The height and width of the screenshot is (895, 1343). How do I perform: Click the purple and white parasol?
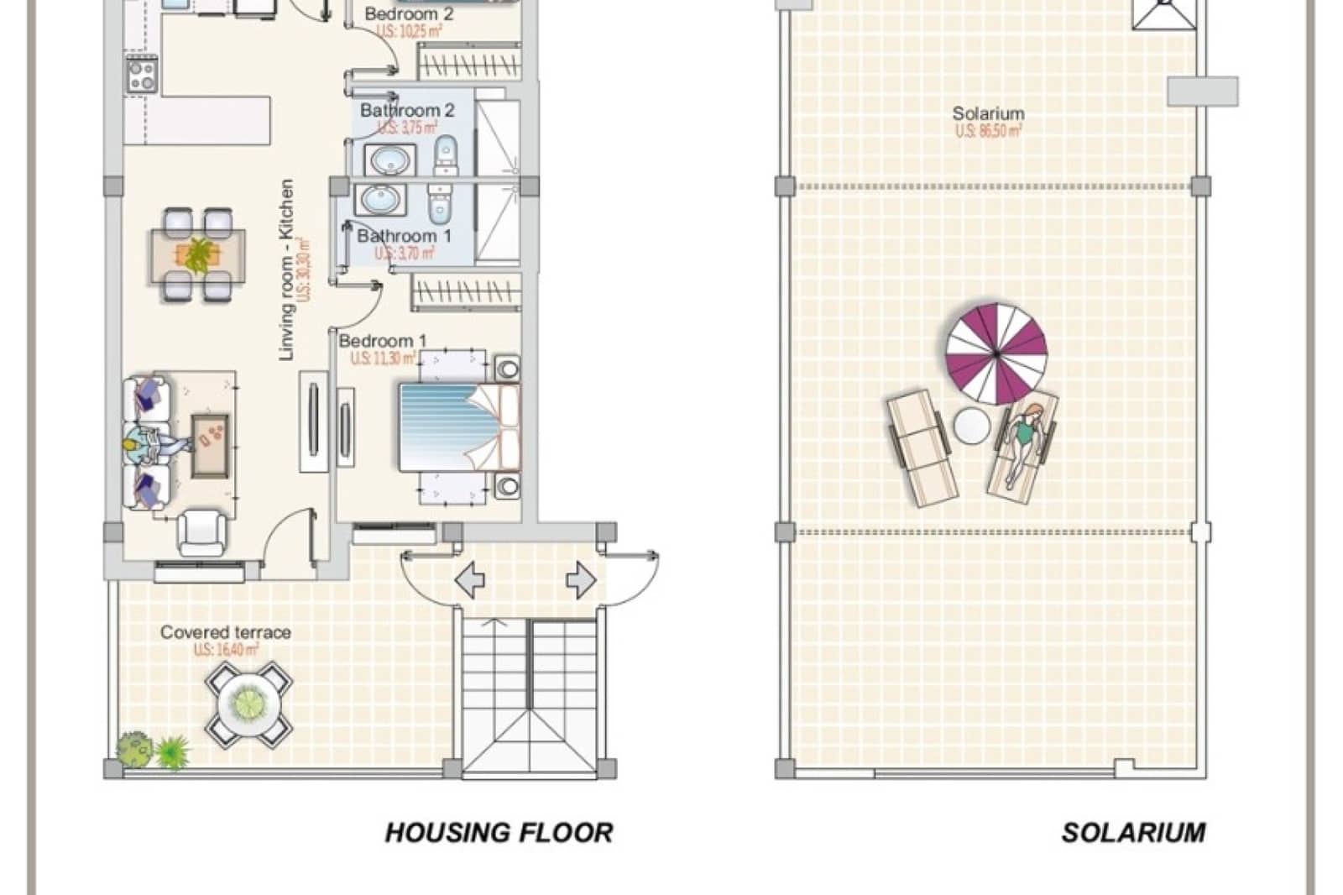point(996,353)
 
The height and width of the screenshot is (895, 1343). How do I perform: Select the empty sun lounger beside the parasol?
point(922,448)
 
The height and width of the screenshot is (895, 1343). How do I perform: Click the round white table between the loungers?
point(971,426)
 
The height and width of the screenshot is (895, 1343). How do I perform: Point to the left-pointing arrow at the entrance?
point(469,580)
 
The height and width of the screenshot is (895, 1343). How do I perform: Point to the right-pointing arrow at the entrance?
point(581,580)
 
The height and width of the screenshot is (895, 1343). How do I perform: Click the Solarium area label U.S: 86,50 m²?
point(988,131)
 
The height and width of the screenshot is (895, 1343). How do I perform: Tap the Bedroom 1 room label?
point(382,341)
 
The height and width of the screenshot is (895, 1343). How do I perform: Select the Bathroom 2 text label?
point(407,110)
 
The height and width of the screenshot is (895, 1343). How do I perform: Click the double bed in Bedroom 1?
point(457,427)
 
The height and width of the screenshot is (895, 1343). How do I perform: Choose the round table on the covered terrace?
point(249,704)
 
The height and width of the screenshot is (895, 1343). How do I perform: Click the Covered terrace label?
point(226,632)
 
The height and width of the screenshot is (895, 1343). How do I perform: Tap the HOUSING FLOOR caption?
point(499,832)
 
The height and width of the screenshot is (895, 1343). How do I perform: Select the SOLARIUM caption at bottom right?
point(1133,832)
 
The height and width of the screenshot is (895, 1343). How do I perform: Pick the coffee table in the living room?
point(210,444)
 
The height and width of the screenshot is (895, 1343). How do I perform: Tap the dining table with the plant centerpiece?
point(198,255)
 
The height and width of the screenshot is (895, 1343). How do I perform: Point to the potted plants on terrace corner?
point(152,751)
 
